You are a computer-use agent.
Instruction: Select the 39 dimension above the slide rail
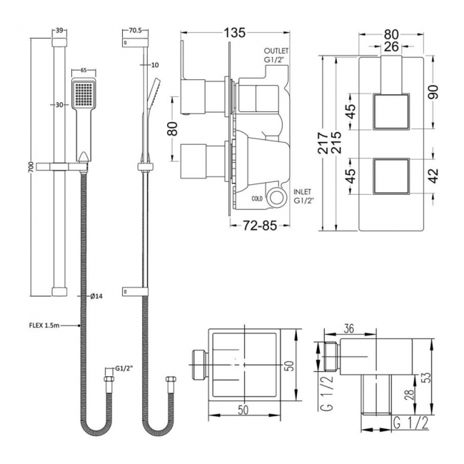(x=60, y=31)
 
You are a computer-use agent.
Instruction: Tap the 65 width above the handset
(x=83, y=70)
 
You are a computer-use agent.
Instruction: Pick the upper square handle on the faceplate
(x=391, y=112)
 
